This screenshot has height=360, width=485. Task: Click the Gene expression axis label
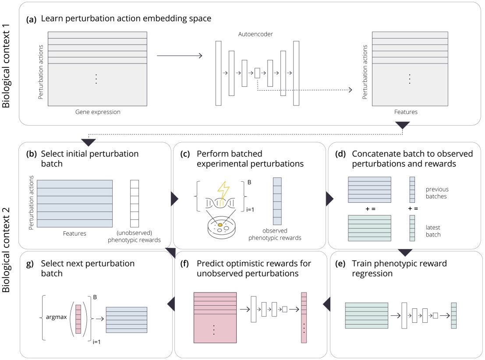[x=97, y=112]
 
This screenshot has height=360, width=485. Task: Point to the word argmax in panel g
[x=55, y=317]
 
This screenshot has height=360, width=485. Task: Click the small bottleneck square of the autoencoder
[x=257, y=73]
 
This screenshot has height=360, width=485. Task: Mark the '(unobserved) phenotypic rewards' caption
[x=138, y=237]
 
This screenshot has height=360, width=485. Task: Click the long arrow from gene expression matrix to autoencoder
[x=179, y=56]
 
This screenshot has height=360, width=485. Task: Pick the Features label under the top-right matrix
[x=405, y=112]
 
